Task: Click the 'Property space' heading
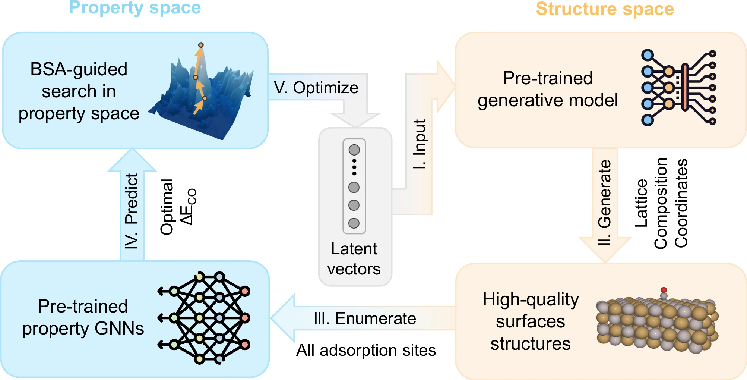pyautogui.click(x=135, y=8)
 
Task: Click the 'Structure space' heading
pyautogui.click(x=605, y=9)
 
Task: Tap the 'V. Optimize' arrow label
pyautogui.click(x=316, y=88)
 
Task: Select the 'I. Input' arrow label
pyautogui.click(x=420, y=144)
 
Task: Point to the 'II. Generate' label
pyautogui.click(x=604, y=202)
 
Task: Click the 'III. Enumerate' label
pyautogui.click(x=365, y=319)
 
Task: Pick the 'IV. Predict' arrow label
pyautogui.click(x=132, y=211)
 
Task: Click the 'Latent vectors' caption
pyautogui.click(x=354, y=259)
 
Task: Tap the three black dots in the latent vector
pyautogui.click(x=354, y=167)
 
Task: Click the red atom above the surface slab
pyautogui.click(x=664, y=290)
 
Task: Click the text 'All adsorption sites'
pyautogui.click(x=366, y=351)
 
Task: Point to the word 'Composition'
pyautogui.click(x=661, y=203)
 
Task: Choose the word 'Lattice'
pyautogui.click(x=641, y=203)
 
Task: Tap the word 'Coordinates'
pyautogui.click(x=681, y=203)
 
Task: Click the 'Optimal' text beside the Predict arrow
pyautogui.click(x=167, y=207)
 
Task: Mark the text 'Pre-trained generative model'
pyautogui.click(x=548, y=89)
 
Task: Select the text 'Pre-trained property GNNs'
pyautogui.click(x=83, y=318)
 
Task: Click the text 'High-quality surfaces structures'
pyautogui.click(x=531, y=321)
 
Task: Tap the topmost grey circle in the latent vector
pyautogui.click(x=354, y=150)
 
